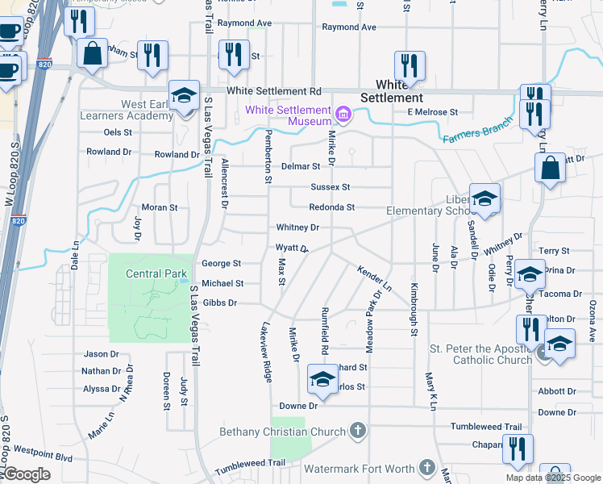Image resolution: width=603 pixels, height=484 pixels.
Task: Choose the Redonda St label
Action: (332, 207)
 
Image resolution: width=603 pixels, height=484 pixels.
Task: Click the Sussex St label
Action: (331, 187)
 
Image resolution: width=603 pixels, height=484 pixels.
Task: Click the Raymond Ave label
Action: (349, 27)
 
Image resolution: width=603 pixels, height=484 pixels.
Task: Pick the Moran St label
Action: (160, 207)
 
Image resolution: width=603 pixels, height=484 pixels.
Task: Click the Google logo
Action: (27, 474)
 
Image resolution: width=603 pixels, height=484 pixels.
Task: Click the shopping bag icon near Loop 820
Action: (93, 55)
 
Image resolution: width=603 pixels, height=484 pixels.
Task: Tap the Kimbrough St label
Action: (414, 309)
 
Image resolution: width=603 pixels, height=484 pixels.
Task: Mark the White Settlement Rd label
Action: (274, 92)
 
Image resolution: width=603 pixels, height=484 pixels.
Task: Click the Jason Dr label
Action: (101, 354)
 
